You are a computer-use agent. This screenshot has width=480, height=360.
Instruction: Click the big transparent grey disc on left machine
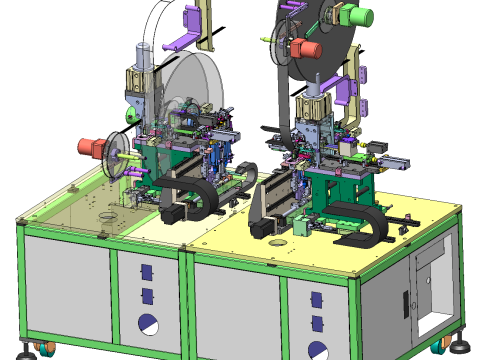point(200,90)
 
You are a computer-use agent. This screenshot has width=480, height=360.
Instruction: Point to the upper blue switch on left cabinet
point(145,272)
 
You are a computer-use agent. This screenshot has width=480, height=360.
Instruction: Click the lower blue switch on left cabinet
point(146,294)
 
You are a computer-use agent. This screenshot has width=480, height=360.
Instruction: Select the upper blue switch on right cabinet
point(317,302)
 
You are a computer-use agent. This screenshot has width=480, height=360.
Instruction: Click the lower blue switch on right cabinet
point(318,323)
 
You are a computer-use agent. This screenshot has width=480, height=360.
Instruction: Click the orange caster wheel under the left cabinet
point(46,350)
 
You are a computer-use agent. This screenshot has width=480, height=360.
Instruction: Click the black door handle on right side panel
point(405,299)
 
